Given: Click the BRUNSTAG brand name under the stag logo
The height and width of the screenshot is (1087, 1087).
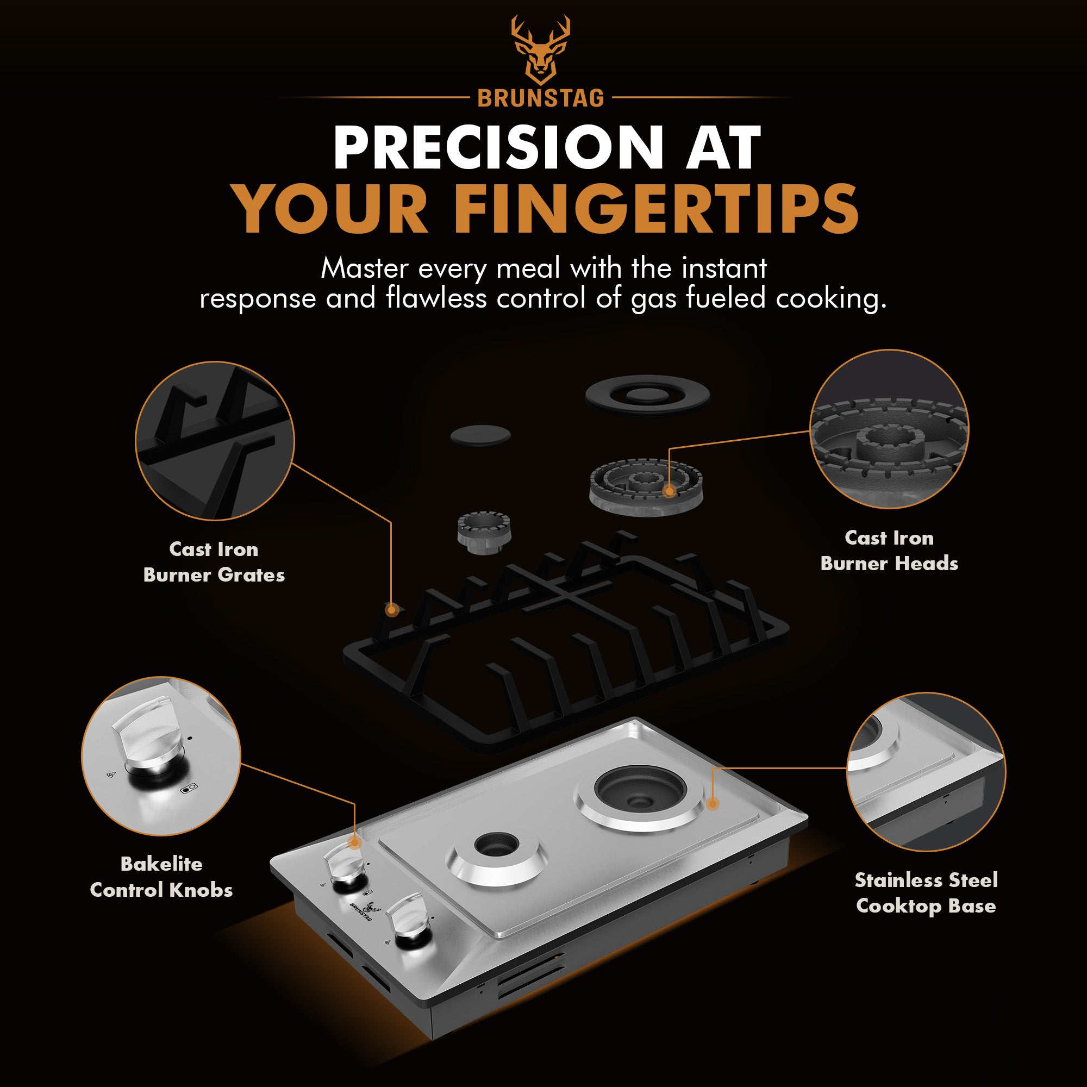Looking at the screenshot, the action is tap(541, 99).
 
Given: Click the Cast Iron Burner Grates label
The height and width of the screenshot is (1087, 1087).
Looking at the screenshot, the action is tap(214, 562).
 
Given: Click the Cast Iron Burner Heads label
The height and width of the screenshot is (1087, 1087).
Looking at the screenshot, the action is tap(889, 551).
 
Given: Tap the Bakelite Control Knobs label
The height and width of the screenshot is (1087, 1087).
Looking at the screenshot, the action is tap(161, 877).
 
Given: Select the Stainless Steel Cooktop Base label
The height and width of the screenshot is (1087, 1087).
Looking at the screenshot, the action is tap(926, 893).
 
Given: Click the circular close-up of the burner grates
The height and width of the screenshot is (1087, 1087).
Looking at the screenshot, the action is tap(215, 441).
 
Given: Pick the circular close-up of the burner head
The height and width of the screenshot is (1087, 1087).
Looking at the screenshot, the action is tap(889, 429).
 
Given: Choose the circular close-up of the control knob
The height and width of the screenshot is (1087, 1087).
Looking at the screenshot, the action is tap(161, 756).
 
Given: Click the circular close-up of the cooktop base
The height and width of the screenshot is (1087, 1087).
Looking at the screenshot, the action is tap(926, 772).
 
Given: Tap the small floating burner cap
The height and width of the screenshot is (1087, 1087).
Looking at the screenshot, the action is tap(480, 436).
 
